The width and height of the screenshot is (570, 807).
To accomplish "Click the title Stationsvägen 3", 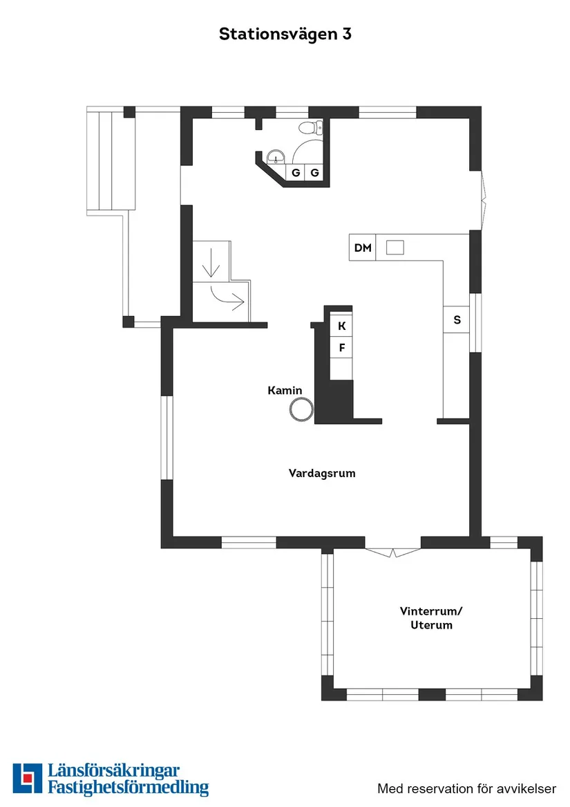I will (285, 34).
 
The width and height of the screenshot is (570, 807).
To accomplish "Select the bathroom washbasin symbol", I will (276, 158).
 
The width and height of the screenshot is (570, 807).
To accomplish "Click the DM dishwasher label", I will (363, 248).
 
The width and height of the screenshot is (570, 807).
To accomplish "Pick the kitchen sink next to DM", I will (395, 247).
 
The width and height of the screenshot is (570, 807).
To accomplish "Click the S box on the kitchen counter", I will (457, 319).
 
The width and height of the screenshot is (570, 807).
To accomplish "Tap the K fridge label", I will (341, 326).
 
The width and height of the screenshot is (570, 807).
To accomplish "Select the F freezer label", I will (341, 348).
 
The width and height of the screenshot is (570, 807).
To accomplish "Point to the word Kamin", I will (285, 391).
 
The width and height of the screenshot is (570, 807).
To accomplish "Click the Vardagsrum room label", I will (322, 474).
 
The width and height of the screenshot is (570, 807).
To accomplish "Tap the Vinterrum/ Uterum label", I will (430, 618).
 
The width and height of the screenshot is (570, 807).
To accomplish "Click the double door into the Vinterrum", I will (392, 552).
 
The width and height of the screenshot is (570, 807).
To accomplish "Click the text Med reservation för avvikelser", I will (466, 788).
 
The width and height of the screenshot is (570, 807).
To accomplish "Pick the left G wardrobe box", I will (295, 173).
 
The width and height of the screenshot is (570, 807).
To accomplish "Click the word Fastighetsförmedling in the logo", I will (128, 787).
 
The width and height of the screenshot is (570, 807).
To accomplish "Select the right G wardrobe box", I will (314, 173).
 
